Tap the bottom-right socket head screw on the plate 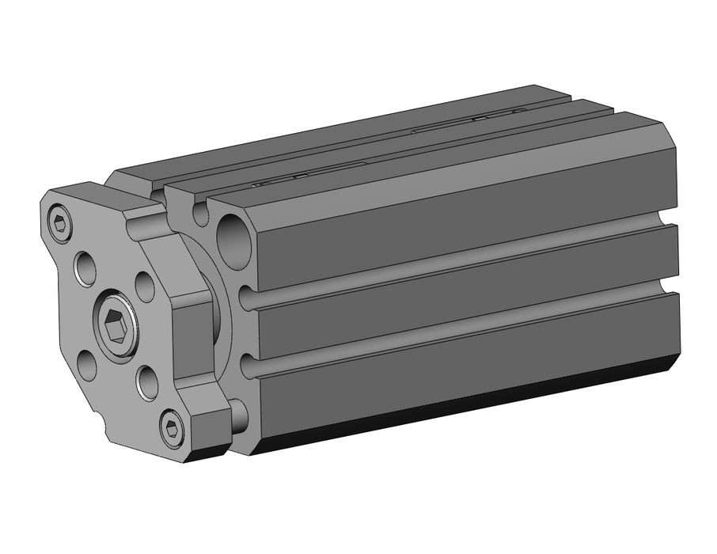172,429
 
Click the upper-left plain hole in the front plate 85,268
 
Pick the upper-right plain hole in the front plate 145,286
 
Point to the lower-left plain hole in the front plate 86,365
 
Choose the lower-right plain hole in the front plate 147,382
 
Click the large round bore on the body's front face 233,241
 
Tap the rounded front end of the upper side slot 246,298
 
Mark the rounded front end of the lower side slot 246,365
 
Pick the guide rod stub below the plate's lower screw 237,416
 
